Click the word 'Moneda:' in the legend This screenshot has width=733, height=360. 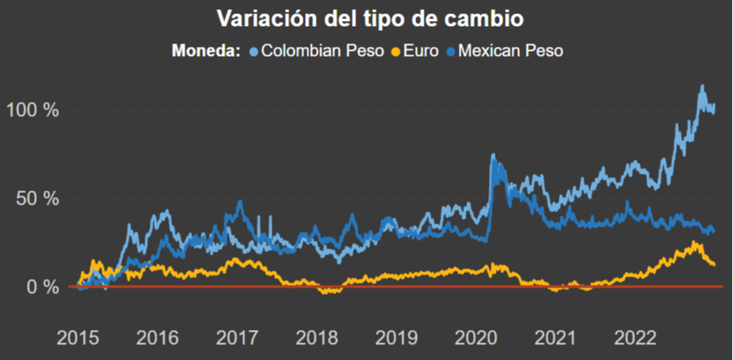pyautogui.click(x=206, y=51)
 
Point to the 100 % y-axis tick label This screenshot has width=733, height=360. pyautogui.click(x=32, y=110)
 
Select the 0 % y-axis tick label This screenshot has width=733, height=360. pyautogui.click(x=42, y=286)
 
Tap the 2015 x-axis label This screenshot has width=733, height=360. pyautogui.click(x=78, y=338)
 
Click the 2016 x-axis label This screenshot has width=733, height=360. pyautogui.click(x=157, y=338)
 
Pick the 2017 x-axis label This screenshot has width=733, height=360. pyautogui.click(x=237, y=338)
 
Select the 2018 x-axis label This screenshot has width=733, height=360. pyautogui.click(x=316, y=338)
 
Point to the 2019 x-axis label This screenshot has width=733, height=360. pyautogui.click(x=396, y=338)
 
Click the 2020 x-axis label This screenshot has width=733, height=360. pyautogui.click(x=476, y=338)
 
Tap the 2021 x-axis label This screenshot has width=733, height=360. pyautogui.click(x=555, y=338)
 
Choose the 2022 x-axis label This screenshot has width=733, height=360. pyautogui.click(x=634, y=338)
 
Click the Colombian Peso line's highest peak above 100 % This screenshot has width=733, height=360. pyautogui.click(x=701, y=86)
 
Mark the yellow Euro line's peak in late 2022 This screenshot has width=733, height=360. pyautogui.click(x=695, y=243)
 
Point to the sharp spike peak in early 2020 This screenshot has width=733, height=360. pyautogui.click(x=493, y=155)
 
